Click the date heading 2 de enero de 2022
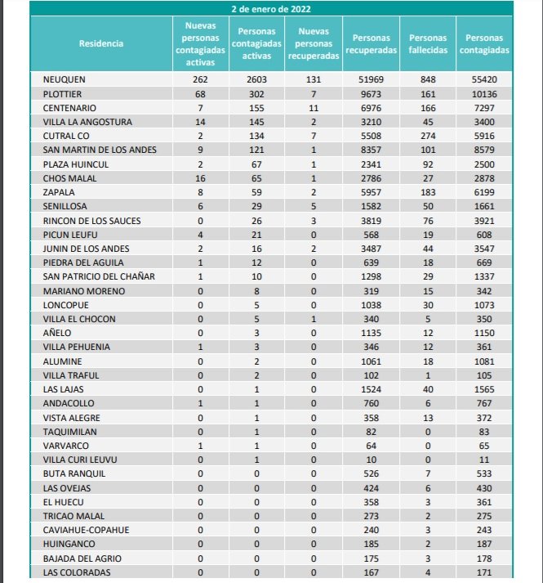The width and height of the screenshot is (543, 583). pos(270,9)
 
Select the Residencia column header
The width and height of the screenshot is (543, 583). pos(101,43)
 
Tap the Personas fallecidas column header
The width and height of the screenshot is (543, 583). pos(428,43)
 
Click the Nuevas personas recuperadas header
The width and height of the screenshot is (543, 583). pos(314,43)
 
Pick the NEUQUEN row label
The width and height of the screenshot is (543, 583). pos(65,79)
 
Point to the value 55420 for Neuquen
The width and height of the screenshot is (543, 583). pos(484,79)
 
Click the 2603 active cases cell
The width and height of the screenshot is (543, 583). pos(256,79)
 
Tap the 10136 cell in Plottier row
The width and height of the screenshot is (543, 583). pos(484,94)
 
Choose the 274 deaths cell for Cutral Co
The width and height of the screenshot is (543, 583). pos(428,136)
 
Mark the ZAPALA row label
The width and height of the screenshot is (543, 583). pos(59,192)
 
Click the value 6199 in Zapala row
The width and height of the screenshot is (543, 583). pos(484,192)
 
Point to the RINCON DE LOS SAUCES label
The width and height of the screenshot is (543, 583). pos(91,220)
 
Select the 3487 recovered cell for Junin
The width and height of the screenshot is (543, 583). pos(370,249)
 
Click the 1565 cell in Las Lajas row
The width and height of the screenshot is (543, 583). pos(484,389)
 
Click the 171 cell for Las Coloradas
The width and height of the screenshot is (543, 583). pos(484,572)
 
